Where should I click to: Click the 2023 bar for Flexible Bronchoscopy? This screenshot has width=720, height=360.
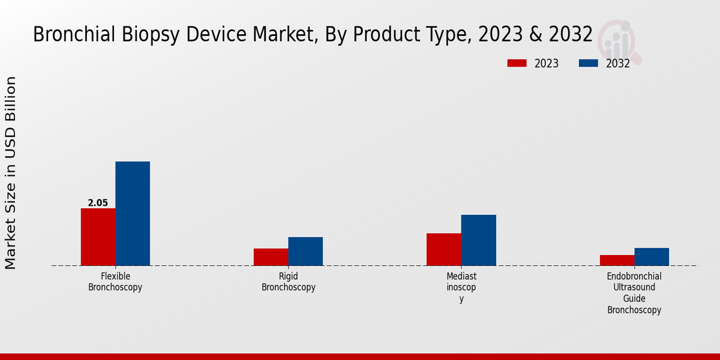(x=98, y=237)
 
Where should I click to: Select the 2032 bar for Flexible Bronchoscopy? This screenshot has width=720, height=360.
(x=133, y=214)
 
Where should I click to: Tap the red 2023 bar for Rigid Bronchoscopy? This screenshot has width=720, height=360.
(x=271, y=257)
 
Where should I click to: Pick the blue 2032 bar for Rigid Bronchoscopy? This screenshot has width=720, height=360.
(x=305, y=251)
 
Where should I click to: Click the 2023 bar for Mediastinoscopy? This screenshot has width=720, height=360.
(x=444, y=250)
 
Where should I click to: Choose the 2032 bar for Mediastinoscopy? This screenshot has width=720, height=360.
(x=479, y=240)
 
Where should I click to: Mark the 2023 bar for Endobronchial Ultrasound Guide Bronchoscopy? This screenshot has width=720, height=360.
(x=617, y=260)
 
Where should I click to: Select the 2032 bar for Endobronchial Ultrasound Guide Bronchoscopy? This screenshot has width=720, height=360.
(x=652, y=257)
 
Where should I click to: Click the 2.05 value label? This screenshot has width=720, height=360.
(x=98, y=203)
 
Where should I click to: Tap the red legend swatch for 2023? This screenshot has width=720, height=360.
(x=517, y=63)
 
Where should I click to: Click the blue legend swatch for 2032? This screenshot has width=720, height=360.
(x=588, y=63)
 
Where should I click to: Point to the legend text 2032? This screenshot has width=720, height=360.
(x=618, y=64)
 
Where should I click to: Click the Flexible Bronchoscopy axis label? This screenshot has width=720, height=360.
(x=115, y=282)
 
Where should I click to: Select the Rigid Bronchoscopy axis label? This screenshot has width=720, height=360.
(x=289, y=282)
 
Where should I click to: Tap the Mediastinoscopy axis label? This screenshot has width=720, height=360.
(x=461, y=287)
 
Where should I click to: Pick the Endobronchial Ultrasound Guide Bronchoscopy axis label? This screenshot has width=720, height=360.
(x=634, y=293)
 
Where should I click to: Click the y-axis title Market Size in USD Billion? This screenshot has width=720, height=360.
(x=11, y=173)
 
